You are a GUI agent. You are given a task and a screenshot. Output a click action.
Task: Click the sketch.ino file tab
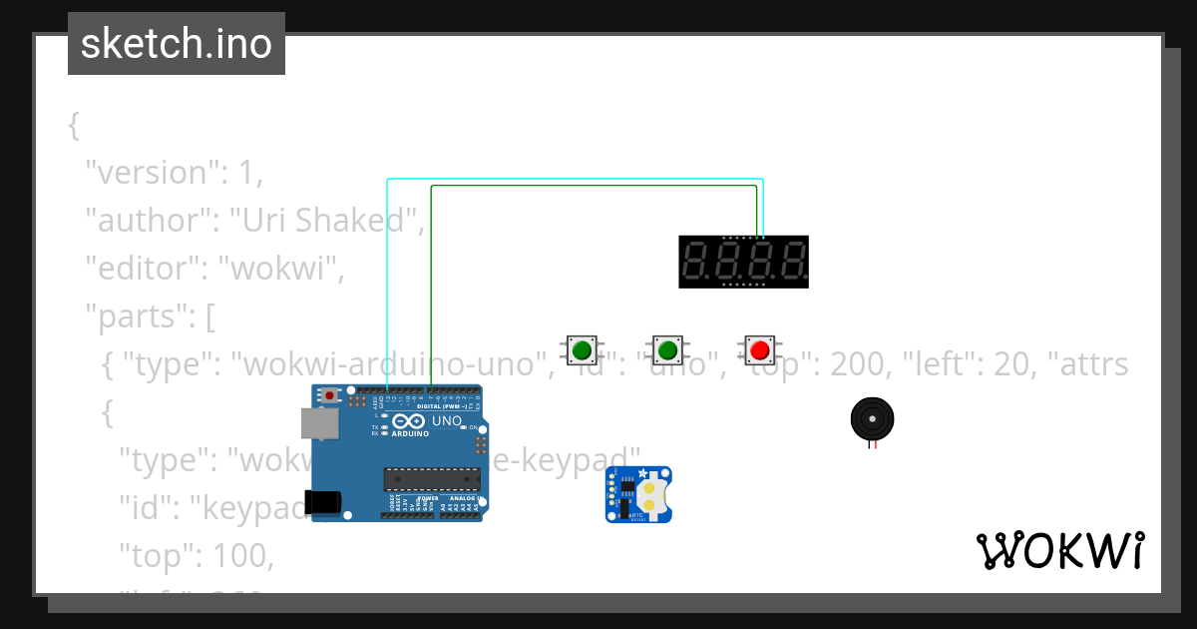click(177, 44)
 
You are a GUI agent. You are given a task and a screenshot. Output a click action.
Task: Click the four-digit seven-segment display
click(743, 262)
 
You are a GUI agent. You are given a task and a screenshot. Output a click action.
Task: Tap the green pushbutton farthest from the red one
click(581, 350)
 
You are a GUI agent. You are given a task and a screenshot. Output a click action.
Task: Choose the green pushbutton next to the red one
click(667, 350)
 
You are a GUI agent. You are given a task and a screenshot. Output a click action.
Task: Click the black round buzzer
click(871, 418)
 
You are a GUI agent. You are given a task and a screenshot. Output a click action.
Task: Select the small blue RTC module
click(638, 494)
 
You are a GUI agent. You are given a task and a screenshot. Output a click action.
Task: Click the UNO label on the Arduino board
click(446, 420)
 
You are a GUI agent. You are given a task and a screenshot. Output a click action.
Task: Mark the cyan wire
click(574, 180)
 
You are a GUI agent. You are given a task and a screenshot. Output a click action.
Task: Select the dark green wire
click(594, 187)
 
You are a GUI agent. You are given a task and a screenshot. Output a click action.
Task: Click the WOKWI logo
click(1059, 551)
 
